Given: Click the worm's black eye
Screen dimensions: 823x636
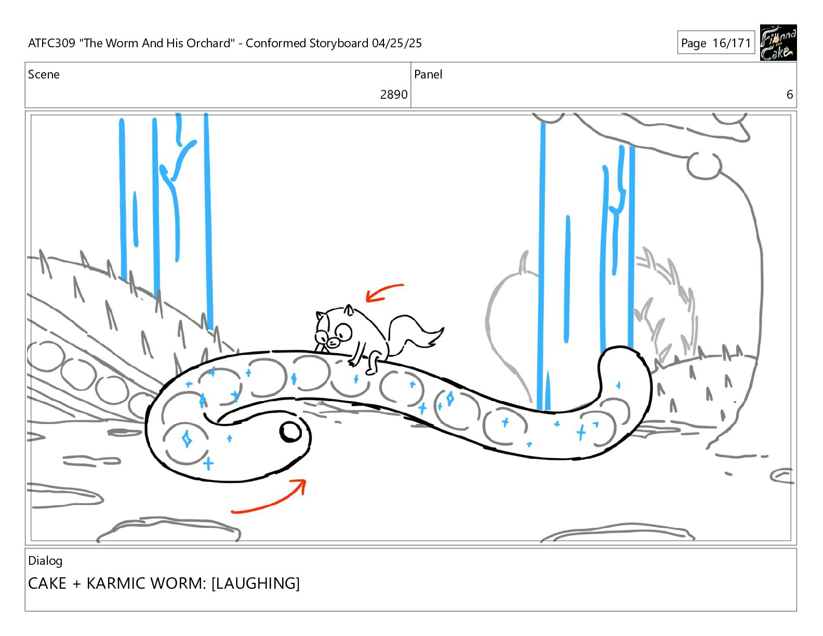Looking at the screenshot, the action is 290,432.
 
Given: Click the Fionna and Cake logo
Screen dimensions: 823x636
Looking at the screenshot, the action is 778,43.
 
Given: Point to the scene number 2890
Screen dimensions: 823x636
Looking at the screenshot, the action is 394,95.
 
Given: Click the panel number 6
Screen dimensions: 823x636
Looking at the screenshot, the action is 790,95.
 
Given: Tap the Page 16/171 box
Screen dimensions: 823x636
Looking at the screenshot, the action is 716,43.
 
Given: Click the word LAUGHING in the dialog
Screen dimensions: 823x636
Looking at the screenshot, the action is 256,584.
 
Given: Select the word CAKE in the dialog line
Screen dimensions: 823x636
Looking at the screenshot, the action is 47,584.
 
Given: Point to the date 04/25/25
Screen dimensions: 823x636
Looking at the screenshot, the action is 396,43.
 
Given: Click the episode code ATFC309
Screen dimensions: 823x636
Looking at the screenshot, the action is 52,43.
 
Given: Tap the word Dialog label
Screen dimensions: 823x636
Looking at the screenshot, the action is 45,561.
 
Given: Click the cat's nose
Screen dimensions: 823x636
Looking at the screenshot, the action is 333,343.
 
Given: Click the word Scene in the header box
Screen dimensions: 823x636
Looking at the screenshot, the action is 44,74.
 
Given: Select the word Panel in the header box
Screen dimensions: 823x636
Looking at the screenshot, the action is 428,74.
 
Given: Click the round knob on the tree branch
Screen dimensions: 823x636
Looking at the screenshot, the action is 704,166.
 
